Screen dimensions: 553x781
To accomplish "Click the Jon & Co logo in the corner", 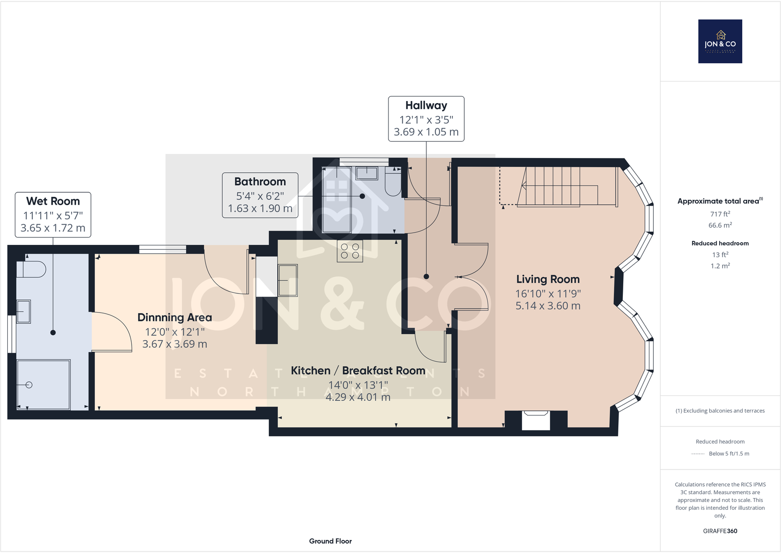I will [720, 41].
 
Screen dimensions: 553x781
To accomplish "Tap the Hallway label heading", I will [426, 105].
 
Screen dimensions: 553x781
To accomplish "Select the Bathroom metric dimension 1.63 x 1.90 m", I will [260, 209].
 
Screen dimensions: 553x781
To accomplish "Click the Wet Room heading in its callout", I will [53, 201].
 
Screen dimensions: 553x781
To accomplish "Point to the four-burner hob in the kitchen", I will [350, 251].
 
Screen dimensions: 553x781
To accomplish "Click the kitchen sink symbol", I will [288, 280].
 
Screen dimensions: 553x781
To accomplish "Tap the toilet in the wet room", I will [32, 269].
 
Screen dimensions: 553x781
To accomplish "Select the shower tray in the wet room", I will [44, 385].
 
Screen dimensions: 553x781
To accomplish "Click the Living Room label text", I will [548, 279].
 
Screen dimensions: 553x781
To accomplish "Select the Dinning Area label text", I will [174, 317].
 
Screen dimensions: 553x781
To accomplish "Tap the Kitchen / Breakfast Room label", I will [358, 370].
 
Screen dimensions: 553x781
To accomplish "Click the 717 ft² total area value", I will [720, 214].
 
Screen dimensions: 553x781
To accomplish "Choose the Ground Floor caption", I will [330, 541].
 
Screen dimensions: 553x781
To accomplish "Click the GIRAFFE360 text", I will [720, 531].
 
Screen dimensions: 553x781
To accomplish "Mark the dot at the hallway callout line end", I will [426, 277].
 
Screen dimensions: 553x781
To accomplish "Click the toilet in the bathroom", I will [393, 183].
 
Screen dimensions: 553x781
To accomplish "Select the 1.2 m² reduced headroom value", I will [720, 266].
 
